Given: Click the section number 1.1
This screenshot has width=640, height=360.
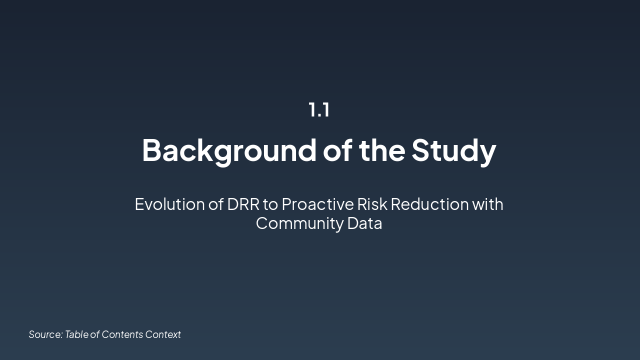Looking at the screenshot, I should [x=319, y=109].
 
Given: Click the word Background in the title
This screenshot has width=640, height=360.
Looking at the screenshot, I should [x=229, y=149].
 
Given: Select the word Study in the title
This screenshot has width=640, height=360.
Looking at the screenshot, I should [x=453, y=149].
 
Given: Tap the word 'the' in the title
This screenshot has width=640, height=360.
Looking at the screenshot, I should [x=382, y=149].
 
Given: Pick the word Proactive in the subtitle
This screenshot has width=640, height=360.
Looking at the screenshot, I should [x=317, y=204].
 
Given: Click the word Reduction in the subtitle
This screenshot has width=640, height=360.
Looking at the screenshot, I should [x=429, y=204].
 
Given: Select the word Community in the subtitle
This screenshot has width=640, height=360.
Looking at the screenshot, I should [x=299, y=223].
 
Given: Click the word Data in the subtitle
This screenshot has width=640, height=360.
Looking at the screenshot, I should [x=364, y=223].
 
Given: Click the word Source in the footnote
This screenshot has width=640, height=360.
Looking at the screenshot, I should [x=45, y=334].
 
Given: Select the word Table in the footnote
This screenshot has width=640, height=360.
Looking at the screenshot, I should [x=76, y=334].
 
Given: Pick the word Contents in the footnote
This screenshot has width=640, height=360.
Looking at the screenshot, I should [x=122, y=334].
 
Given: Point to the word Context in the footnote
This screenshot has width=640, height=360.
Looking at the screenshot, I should [x=163, y=334].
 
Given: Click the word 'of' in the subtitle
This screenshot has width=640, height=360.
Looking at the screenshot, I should [x=215, y=204].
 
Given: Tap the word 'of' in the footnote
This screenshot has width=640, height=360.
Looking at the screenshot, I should [x=95, y=334].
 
